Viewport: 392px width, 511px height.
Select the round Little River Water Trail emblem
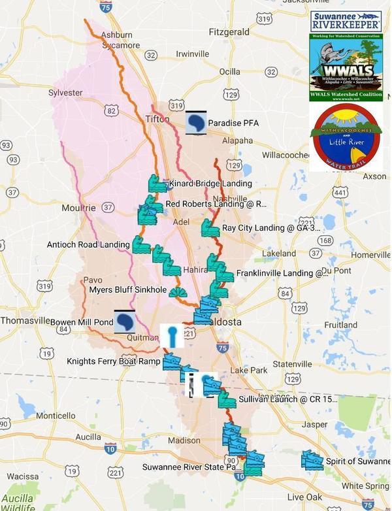point(346,137)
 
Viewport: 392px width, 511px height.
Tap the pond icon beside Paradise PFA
point(196,122)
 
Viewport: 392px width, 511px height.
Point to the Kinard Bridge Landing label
point(210,184)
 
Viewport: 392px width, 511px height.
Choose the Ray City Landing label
point(271,228)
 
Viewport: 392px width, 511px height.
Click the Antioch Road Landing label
point(88,245)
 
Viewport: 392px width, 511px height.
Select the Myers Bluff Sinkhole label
point(127,290)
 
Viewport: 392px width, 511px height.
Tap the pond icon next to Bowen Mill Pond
point(124,321)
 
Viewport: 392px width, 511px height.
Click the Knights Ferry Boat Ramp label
point(113,361)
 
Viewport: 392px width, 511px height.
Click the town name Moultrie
point(78,208)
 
